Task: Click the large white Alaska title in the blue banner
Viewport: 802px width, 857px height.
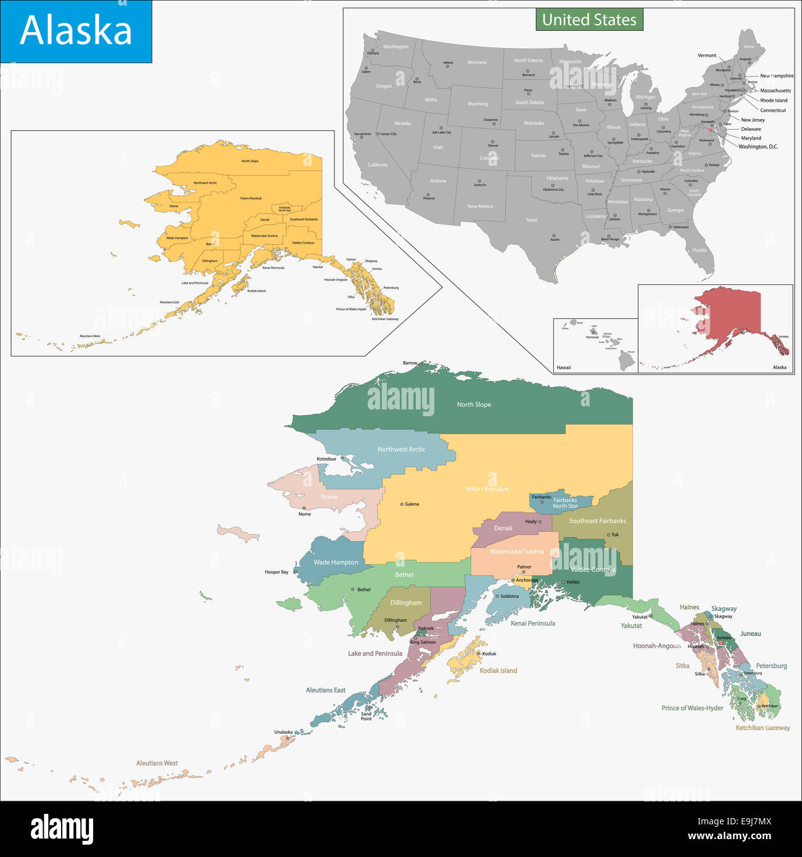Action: pos(76,30)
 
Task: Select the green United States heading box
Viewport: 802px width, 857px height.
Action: pos(589,20)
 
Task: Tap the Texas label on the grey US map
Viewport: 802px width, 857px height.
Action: pos(531,220)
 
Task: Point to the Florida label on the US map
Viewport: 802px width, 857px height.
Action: pos(699,250)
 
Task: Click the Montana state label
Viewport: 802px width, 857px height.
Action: pos(477,62)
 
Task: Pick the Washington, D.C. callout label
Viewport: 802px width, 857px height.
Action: pos(758,147)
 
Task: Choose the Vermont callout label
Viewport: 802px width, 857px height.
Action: pos(707,55)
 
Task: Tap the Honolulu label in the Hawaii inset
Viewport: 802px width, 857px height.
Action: pos(592,337)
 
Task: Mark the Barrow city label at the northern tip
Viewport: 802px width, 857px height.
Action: pos(410,363)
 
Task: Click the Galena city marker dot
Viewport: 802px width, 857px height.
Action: pos(402,504)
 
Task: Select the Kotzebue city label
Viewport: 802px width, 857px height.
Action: pos(326,459)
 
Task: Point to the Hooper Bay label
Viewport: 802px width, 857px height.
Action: pos(276,572)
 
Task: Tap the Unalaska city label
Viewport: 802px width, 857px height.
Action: pos(284,732)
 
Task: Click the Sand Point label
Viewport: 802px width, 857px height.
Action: pos(366,716)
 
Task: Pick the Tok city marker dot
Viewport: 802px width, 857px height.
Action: pos(609,535)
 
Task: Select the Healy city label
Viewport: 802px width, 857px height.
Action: pos(531,522)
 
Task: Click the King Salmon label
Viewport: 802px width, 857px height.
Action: pos(423,642)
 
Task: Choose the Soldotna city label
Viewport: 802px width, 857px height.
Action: pos(510,596)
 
